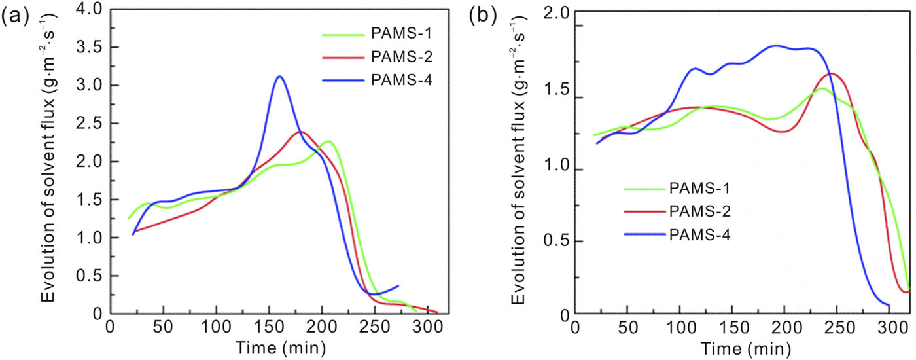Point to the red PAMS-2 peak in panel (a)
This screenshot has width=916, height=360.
[x=300, y=132]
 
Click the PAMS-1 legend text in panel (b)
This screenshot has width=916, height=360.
[x=699, y=190]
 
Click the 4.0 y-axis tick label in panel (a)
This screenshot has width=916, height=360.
[x=90, y=10]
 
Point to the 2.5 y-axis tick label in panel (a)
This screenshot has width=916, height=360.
[x=90, y=124]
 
